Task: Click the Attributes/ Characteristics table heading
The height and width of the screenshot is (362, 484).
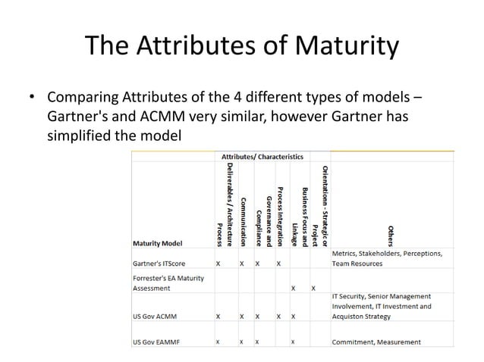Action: click(262, 155)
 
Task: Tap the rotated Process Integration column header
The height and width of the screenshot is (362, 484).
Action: click(279, 214)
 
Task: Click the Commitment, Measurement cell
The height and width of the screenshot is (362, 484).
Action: click(376, 342)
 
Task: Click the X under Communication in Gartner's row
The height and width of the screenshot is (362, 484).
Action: click(243, 264)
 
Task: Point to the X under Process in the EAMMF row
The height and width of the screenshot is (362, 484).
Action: click(218, 342)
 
